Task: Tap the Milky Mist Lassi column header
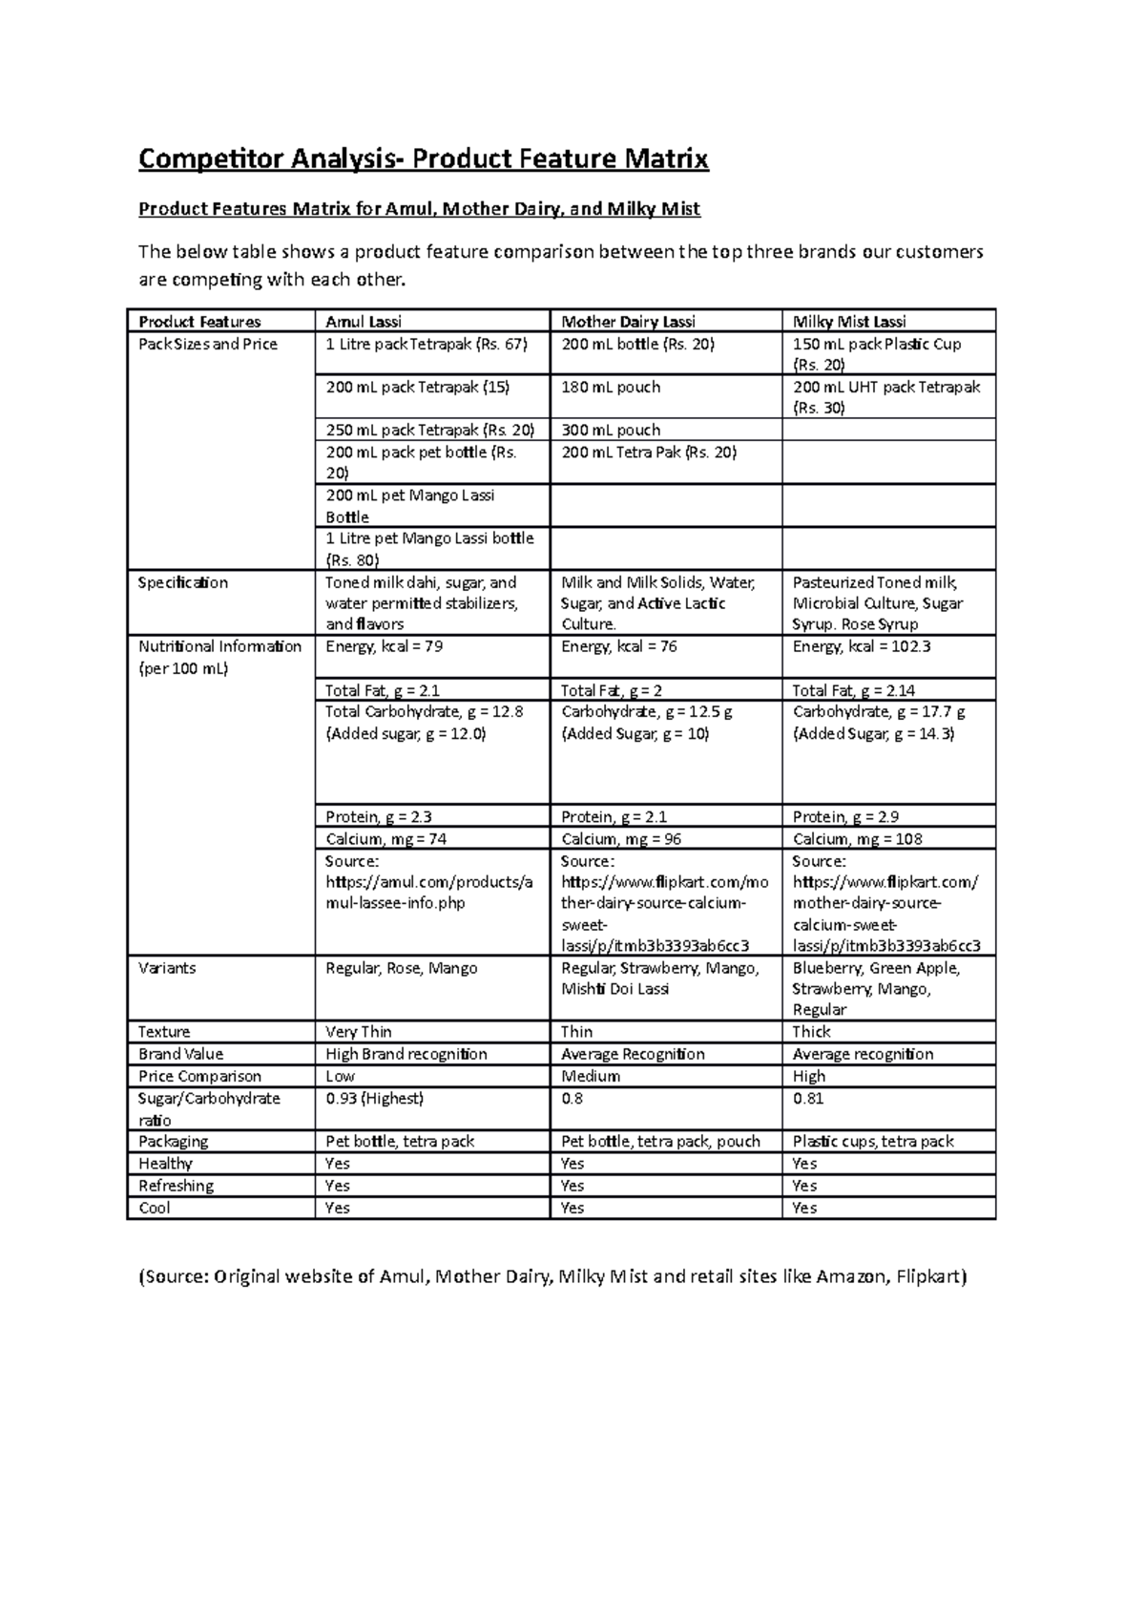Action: (x=849, y=322)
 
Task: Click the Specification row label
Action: (x=183, y=582)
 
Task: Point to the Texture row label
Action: (x=164, y=1032)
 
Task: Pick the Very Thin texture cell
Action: (x=359, y=1032)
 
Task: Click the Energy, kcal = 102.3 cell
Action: (x=862, y=646)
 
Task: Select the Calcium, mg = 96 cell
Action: (x=621, y=839)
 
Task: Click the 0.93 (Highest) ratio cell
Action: (x=374, y=1099)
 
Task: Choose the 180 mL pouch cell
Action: (x=611, y=387)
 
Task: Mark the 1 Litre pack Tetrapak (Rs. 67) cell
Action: (x=426, y=344)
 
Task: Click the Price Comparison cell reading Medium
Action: (x=591, y=1076)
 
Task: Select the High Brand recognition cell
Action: (x=406, y=1054)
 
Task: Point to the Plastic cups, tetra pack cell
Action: (x=873, y=1142)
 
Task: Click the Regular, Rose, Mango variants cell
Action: (x=402, y=968)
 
